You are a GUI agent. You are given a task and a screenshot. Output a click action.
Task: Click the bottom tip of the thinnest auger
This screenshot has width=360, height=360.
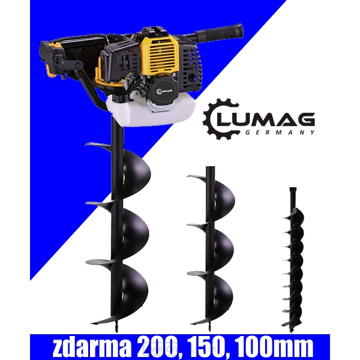[x=292, y=326]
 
